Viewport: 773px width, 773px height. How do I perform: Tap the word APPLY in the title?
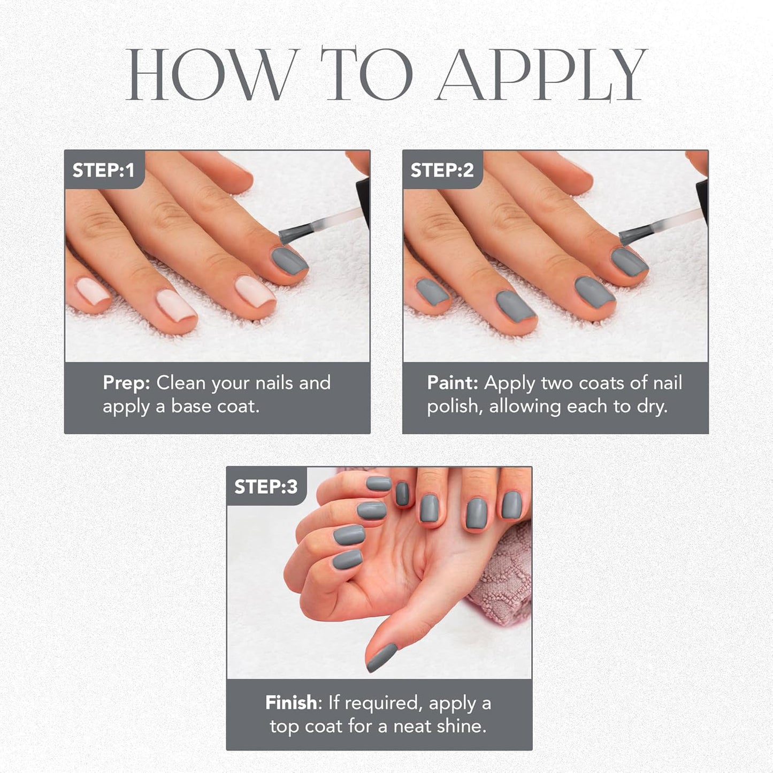[542, 75]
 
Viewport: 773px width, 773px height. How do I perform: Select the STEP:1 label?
[103, 170]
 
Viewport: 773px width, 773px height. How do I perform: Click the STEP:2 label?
[442, 170]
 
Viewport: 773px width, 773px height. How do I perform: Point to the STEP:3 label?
[266, 486]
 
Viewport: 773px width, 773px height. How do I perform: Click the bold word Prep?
[126, 383]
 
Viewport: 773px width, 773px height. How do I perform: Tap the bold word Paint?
[452, 383]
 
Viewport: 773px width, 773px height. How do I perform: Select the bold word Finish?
[291, 702]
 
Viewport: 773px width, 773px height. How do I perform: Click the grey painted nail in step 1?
[289, 261]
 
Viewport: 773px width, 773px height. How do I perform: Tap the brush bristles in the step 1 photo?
[294, 234]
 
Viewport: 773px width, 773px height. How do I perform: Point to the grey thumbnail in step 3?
[381, 657]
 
